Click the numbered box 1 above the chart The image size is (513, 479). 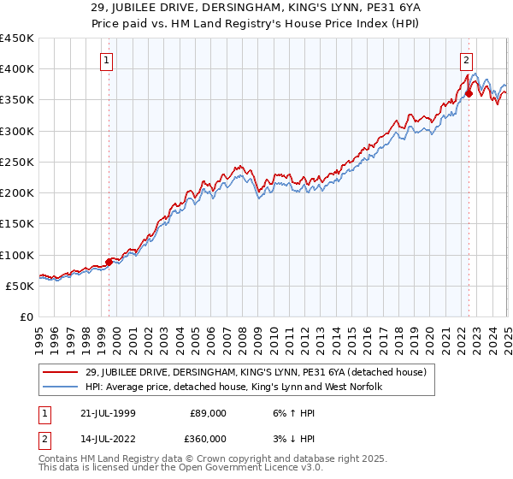107,60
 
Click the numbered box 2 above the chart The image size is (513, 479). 467,60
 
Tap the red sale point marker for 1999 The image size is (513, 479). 109,262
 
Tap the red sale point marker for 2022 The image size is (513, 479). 469,93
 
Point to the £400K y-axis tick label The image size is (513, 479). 17,69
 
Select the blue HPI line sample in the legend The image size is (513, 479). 62,387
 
